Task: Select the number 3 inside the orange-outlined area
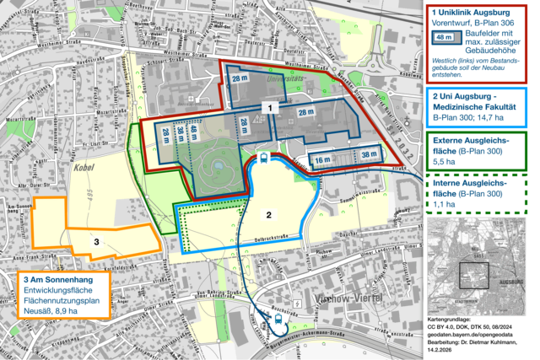point(97,242)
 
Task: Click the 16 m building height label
point(321,159)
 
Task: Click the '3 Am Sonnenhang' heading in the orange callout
point(62,280)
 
